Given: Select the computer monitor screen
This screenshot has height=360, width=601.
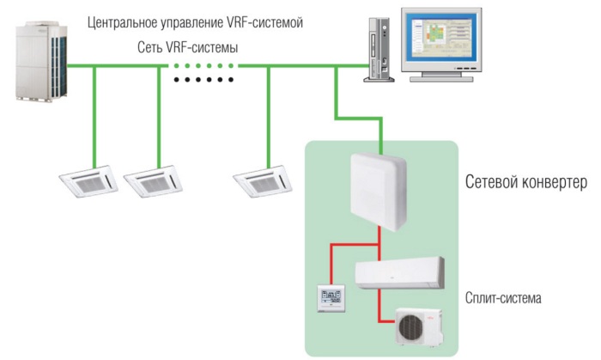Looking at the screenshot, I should pyautogui.click(x=447, y=43).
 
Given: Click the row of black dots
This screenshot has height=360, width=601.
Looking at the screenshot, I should pyautogui.click(x=203, y=80).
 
